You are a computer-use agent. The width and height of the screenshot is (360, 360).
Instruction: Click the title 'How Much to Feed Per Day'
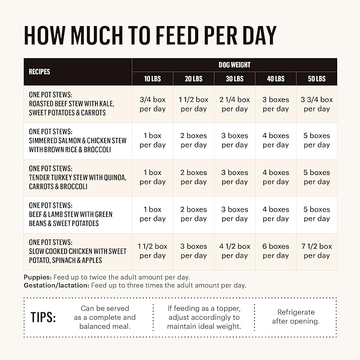[x=150, y=35]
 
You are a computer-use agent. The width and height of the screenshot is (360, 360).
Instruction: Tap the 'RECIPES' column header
[x=39, y=72]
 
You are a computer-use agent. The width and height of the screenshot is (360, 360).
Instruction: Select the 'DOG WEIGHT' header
[x=234, y=65]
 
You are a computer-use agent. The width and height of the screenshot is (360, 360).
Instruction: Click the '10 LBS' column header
[x=153, y=79]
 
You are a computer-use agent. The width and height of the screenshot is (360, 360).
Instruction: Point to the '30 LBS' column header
[x=234, y=79]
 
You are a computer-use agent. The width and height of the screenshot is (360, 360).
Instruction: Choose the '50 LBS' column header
[x=317, y=79]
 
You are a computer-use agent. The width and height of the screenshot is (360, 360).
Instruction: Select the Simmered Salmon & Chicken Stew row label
[x=77, y=141]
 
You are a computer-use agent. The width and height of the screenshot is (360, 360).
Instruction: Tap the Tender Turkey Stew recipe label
[x=77, y=177]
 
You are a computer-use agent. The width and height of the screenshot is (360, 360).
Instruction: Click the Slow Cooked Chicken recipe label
[x=77, y=251]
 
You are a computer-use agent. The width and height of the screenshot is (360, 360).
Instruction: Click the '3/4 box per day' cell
[x=153, y=104]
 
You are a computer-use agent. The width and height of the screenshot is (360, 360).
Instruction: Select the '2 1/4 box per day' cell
[x=235, y=104]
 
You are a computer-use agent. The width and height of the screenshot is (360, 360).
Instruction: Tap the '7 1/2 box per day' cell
[x=317, y=251]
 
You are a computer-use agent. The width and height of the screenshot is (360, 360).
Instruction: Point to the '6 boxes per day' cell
[x=276, y=251]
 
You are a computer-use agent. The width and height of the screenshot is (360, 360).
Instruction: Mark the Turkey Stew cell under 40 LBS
[x=276, y=177]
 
